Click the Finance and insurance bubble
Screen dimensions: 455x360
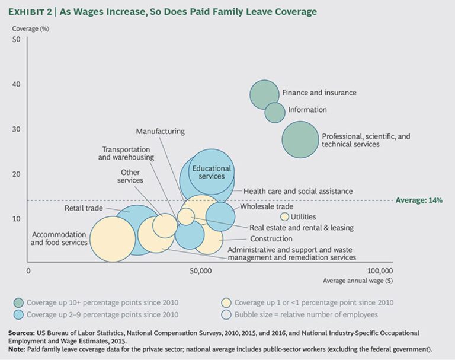pyautogui.click(x=264, y=94)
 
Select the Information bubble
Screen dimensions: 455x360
pyautogui.click(x=275, y=113)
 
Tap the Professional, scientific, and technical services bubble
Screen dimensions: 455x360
pyautogui.click(x=300, y=139)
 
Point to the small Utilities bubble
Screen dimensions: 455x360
pyautogui.click(x=284, y=216)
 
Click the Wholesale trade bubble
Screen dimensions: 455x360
pyautogui.click(x=220, y=216)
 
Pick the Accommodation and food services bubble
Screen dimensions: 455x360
pyautogui.click(x=113, y=239)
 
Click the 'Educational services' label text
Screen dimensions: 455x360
pyautogui.click(x=212, y=173)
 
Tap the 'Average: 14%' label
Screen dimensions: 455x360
pyautogui.click(x=419, y=200)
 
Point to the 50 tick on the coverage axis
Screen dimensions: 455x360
pyautogui.click(x=17, y=39)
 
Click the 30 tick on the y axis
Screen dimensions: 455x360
pyautogui.click(x=17, y=129)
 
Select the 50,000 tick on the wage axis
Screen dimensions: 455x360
pyautogui.click(x=201, y=271)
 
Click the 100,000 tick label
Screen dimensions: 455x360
pyautogui.click(x=380, y=271)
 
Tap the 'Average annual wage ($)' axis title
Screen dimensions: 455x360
pyautogui.click(x=358, y=281)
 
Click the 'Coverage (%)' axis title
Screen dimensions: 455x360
pyautogui.click(x=30, y=29)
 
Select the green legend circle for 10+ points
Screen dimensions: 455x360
pyautogui.click(x=19, y=302)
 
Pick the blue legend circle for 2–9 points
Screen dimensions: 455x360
pyautogui.click(x=19, y=315)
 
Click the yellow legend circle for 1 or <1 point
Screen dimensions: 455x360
pyautogui.click(x=226, y=302)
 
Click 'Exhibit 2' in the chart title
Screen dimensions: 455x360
pyautogui.click(x=30, y=12)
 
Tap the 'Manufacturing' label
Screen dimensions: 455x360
pyautogui.click(x=161, y=131)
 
